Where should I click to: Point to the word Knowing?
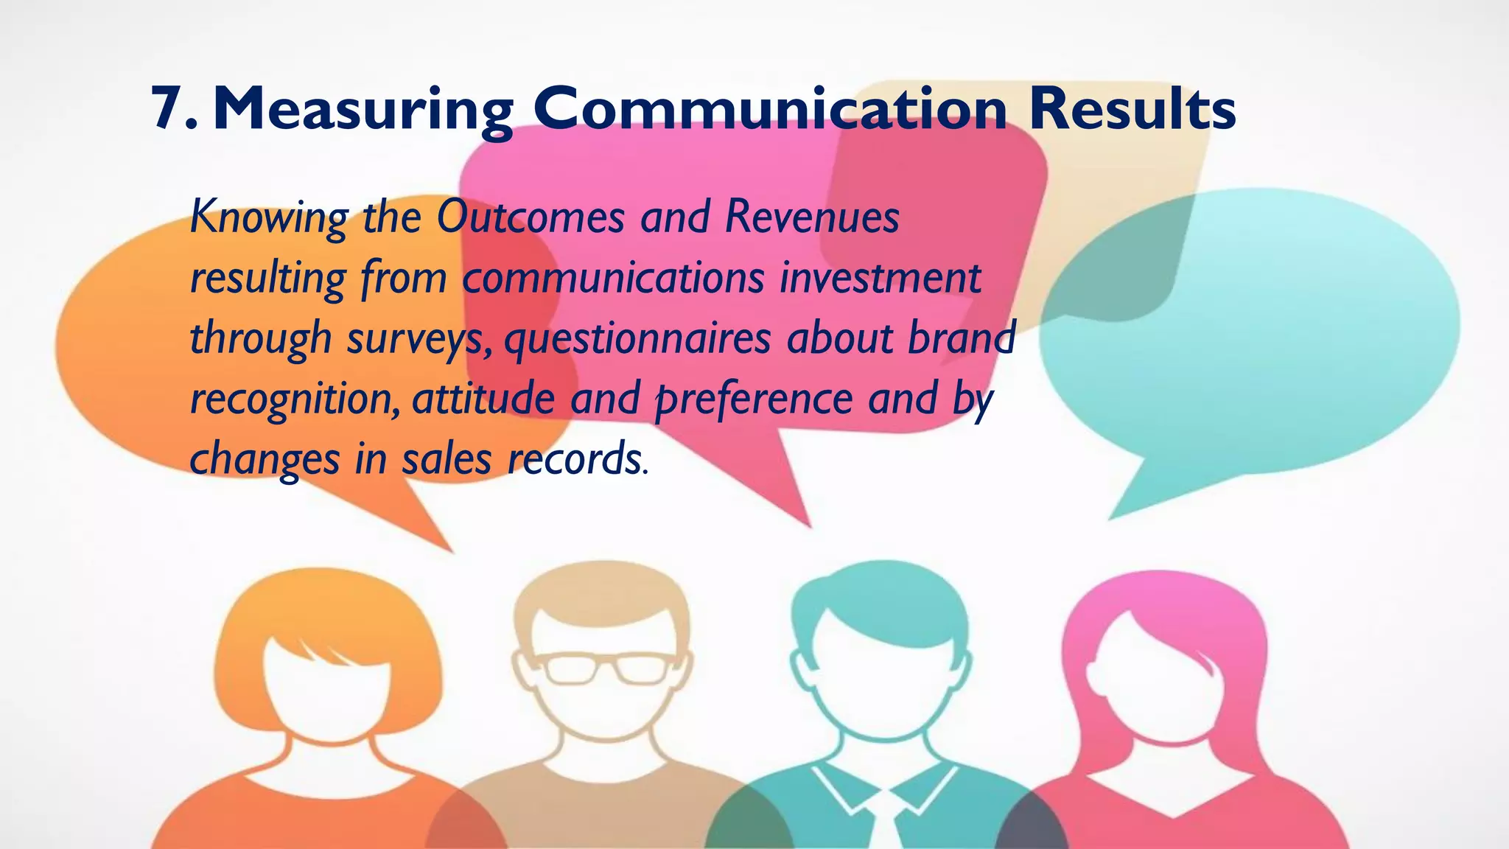[269, 218]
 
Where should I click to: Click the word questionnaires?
[637, 339]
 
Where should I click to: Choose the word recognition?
[295, 400]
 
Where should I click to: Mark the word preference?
[754, 400]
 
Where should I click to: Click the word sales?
[446, 459]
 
